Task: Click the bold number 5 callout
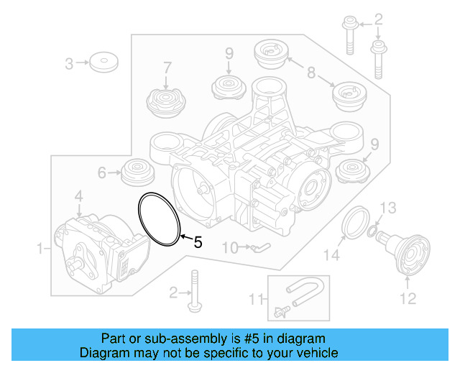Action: coord(198,243)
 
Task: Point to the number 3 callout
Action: coord(70,64)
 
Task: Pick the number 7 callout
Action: coord(167,68)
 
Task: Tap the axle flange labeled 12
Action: coord(409,256)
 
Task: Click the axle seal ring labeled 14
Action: coord(354,221)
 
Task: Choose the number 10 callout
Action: coord(229,248)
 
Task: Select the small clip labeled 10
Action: coord(260,248)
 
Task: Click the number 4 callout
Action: coord(79,195)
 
